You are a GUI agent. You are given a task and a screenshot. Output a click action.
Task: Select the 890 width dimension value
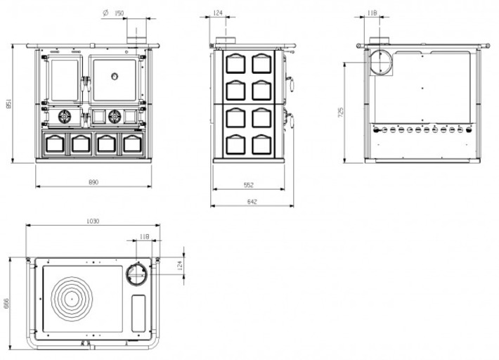click(x=93, y=182)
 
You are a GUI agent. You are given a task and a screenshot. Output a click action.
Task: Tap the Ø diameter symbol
click(x=104, y=13)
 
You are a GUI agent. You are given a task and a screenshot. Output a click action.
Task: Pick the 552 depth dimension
click(x=248, y=185)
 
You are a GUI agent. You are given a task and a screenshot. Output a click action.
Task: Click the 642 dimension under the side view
click(x=252, y=202)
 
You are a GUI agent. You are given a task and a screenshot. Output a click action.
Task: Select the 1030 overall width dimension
click(x=92, y=221)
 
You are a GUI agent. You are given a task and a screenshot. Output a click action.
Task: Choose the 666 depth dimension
click(x=6, y=303)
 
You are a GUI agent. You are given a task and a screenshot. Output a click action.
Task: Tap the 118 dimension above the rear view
click(x=372, y=13)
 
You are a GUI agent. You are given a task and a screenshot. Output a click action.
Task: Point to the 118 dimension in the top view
click(x=145, y=237)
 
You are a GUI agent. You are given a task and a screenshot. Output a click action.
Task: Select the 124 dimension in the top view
click(x=179, y=264)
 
